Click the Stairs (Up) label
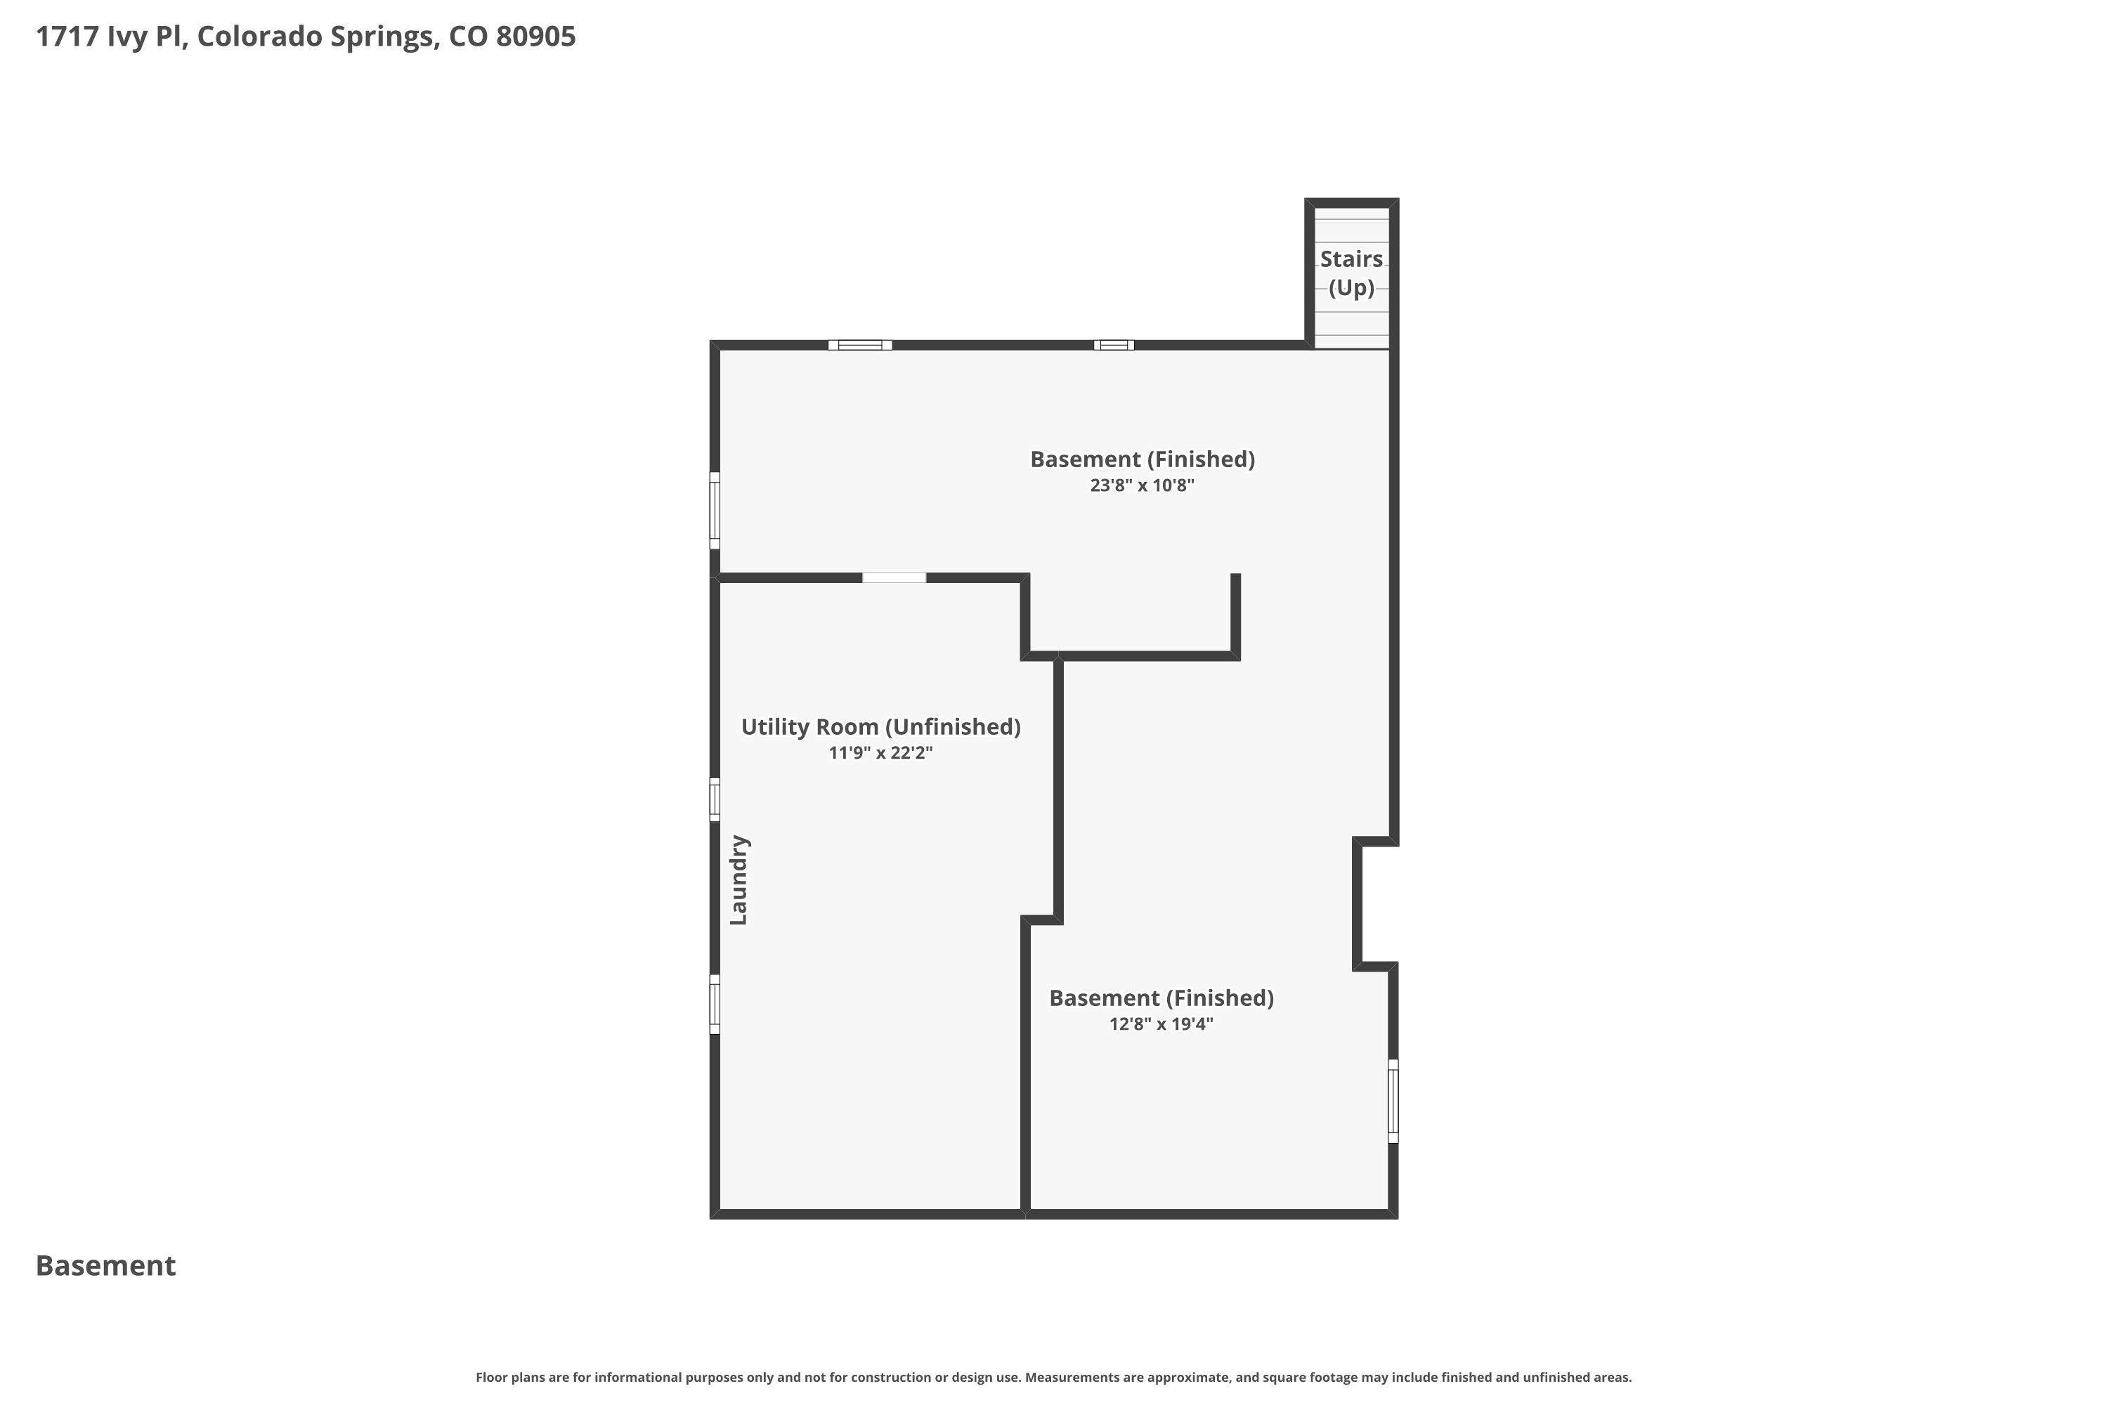tap(1351, 273)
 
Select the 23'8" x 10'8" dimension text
tap(1142, 485)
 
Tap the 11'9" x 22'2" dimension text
tap(880, 752)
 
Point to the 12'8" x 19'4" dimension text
tap(1161, 1024)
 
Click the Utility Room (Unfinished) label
tap(880, 726)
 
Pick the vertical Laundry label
tap(739, 880)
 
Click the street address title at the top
tap(306, 37)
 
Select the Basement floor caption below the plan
tap(106, 1265)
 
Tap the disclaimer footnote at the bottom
tap(1053, 1377)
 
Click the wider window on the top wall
tap(859, 345)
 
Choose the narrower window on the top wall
tap(1113, 345)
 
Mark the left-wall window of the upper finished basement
tap(715, 511)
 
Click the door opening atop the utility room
tap(894, 578)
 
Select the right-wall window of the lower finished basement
tap(1393, 1102)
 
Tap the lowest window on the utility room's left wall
tap(715, 1005)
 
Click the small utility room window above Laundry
tap(715, 799)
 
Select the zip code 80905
tap(536, 37)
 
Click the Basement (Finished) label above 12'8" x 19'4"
tap(1161, 998)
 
